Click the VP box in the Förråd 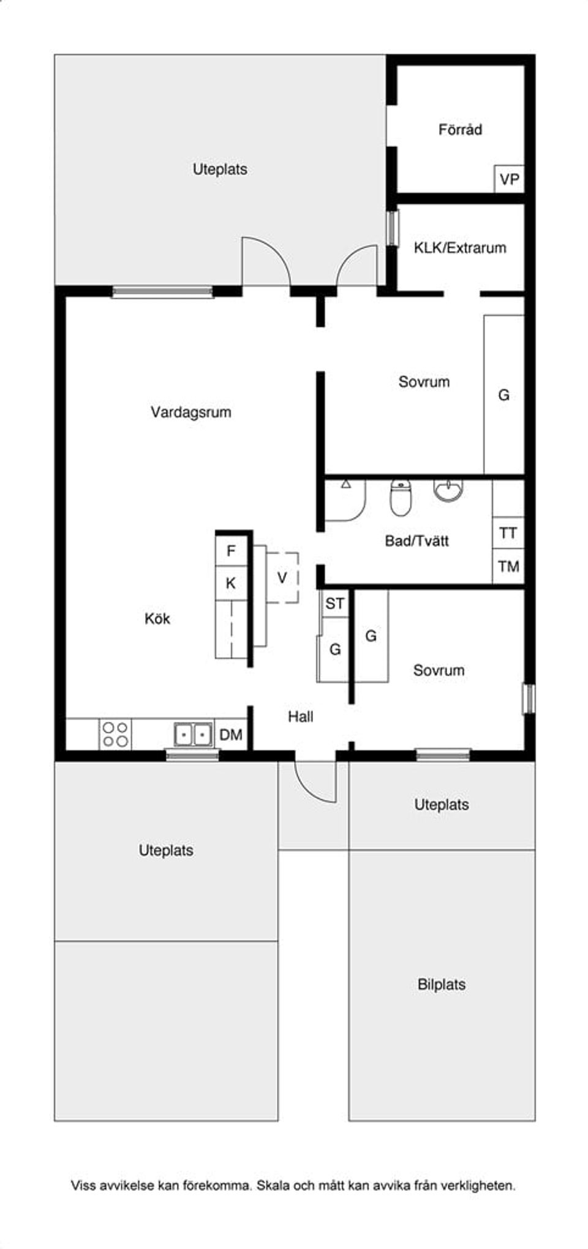[x=509, y=179]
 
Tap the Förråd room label [x=460, y=130]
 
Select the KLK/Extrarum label [x=460, y=248]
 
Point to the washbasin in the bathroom [x=448, y=489]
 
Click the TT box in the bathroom [x=508, y=533]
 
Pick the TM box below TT [x=508, y=567]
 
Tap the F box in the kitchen [x=231, y=551]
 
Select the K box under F [x=231, y=583]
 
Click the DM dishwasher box [x=231, y=735]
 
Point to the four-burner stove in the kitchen [x=115, y=735]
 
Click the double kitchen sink [x=193, y=734]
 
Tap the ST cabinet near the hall [x=334, y=604]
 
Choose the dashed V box [x=282, y=577]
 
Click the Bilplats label [x=441, y=985]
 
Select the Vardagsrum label [x=191, y=412]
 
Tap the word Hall [x=301, y=716]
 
